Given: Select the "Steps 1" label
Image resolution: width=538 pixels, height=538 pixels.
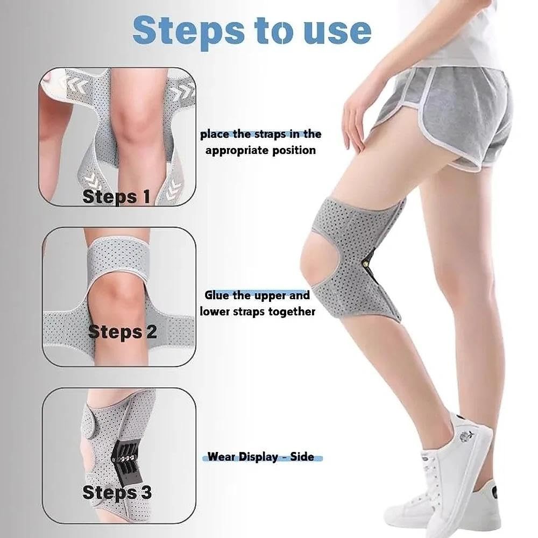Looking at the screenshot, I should [x=116, y=196].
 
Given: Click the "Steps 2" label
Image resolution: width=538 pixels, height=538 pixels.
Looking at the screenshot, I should [x=122, y=331].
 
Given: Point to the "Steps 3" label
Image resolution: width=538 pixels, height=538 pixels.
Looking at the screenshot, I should [x=117, y=492].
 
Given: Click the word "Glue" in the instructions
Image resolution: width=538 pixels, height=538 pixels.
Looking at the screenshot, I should [x=220, y=295].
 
